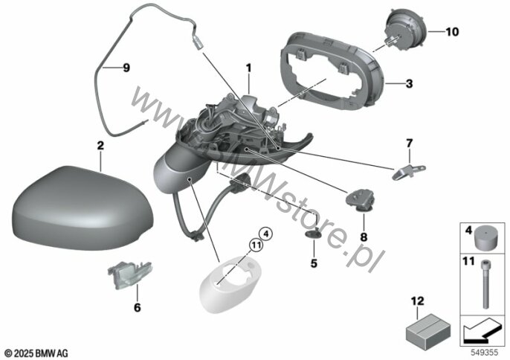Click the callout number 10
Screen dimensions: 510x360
click(x=452, y=32)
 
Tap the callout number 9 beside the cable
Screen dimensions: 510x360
click(x=126, y=68)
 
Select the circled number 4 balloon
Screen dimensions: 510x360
click(x=265, y=234)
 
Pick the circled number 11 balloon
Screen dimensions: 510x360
click(x=256, y=245)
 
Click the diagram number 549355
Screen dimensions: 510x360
click(x=485, y=353)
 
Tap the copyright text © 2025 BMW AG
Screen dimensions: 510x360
click(x=36, y=353)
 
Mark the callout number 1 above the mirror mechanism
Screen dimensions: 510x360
click(x=248, y=68)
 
